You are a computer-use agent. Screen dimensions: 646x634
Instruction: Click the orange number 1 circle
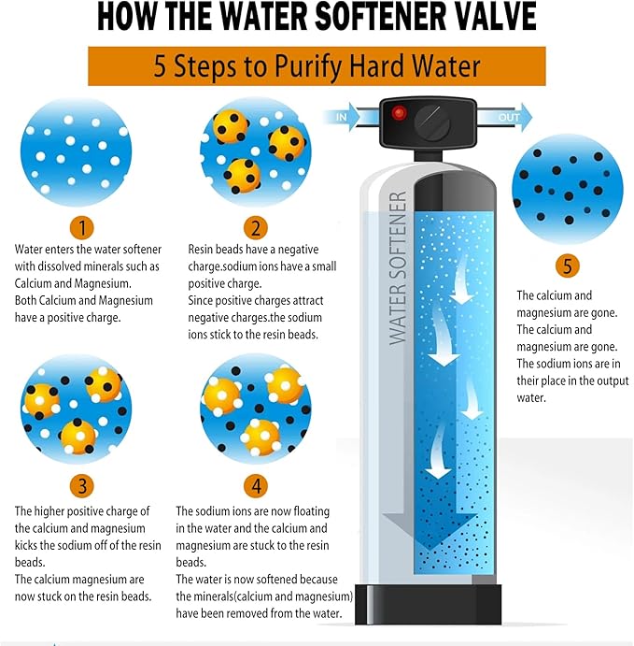[82, 227]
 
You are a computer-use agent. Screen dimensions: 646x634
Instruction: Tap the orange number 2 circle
[255, 227]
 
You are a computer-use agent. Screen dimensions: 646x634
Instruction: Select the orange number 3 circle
[82, 485]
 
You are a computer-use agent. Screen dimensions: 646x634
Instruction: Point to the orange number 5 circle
[567, 266]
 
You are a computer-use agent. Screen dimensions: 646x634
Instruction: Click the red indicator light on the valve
[399, 113]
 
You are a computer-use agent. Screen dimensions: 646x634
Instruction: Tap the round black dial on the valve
[432, 122]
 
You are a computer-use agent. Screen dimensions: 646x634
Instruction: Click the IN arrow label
[342, 118]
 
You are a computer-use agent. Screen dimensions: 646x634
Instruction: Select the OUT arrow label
[508, 118]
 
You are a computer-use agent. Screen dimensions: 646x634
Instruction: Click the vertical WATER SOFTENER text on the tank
[398, 268]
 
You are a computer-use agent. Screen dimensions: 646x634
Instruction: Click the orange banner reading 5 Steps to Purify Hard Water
[317, 66]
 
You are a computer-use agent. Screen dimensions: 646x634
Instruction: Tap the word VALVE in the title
[493, 18]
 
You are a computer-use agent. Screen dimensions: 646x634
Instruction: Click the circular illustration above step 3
[75, 409]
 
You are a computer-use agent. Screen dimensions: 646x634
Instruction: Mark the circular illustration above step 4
[255, 409]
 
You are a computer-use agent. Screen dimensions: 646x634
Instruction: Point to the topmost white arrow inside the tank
[461, 290]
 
